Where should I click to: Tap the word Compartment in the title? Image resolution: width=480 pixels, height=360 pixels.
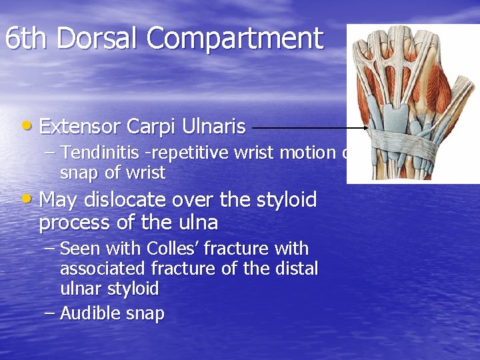(x=235, y=39)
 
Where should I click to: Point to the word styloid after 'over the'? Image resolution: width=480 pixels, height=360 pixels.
(x=286, y=199)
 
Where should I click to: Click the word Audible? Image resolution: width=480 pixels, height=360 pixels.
(x=89, y=313)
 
